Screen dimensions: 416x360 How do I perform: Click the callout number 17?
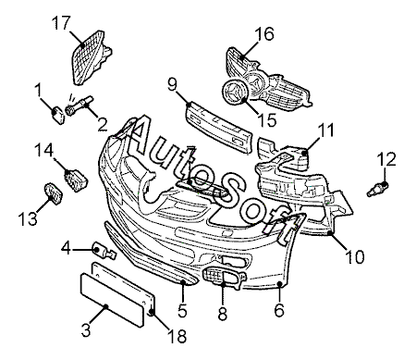click(61, 23)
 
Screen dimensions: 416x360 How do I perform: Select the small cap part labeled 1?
click(58, 115)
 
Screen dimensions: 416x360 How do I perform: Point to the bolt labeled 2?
click(80, 106)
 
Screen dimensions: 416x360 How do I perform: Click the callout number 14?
click(43, 150)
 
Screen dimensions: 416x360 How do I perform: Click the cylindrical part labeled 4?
click(104, 251)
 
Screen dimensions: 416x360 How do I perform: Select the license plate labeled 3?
click(112, 300)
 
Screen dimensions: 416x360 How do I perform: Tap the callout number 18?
click(177, 336)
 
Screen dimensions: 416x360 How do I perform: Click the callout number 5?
click(182, 311)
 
